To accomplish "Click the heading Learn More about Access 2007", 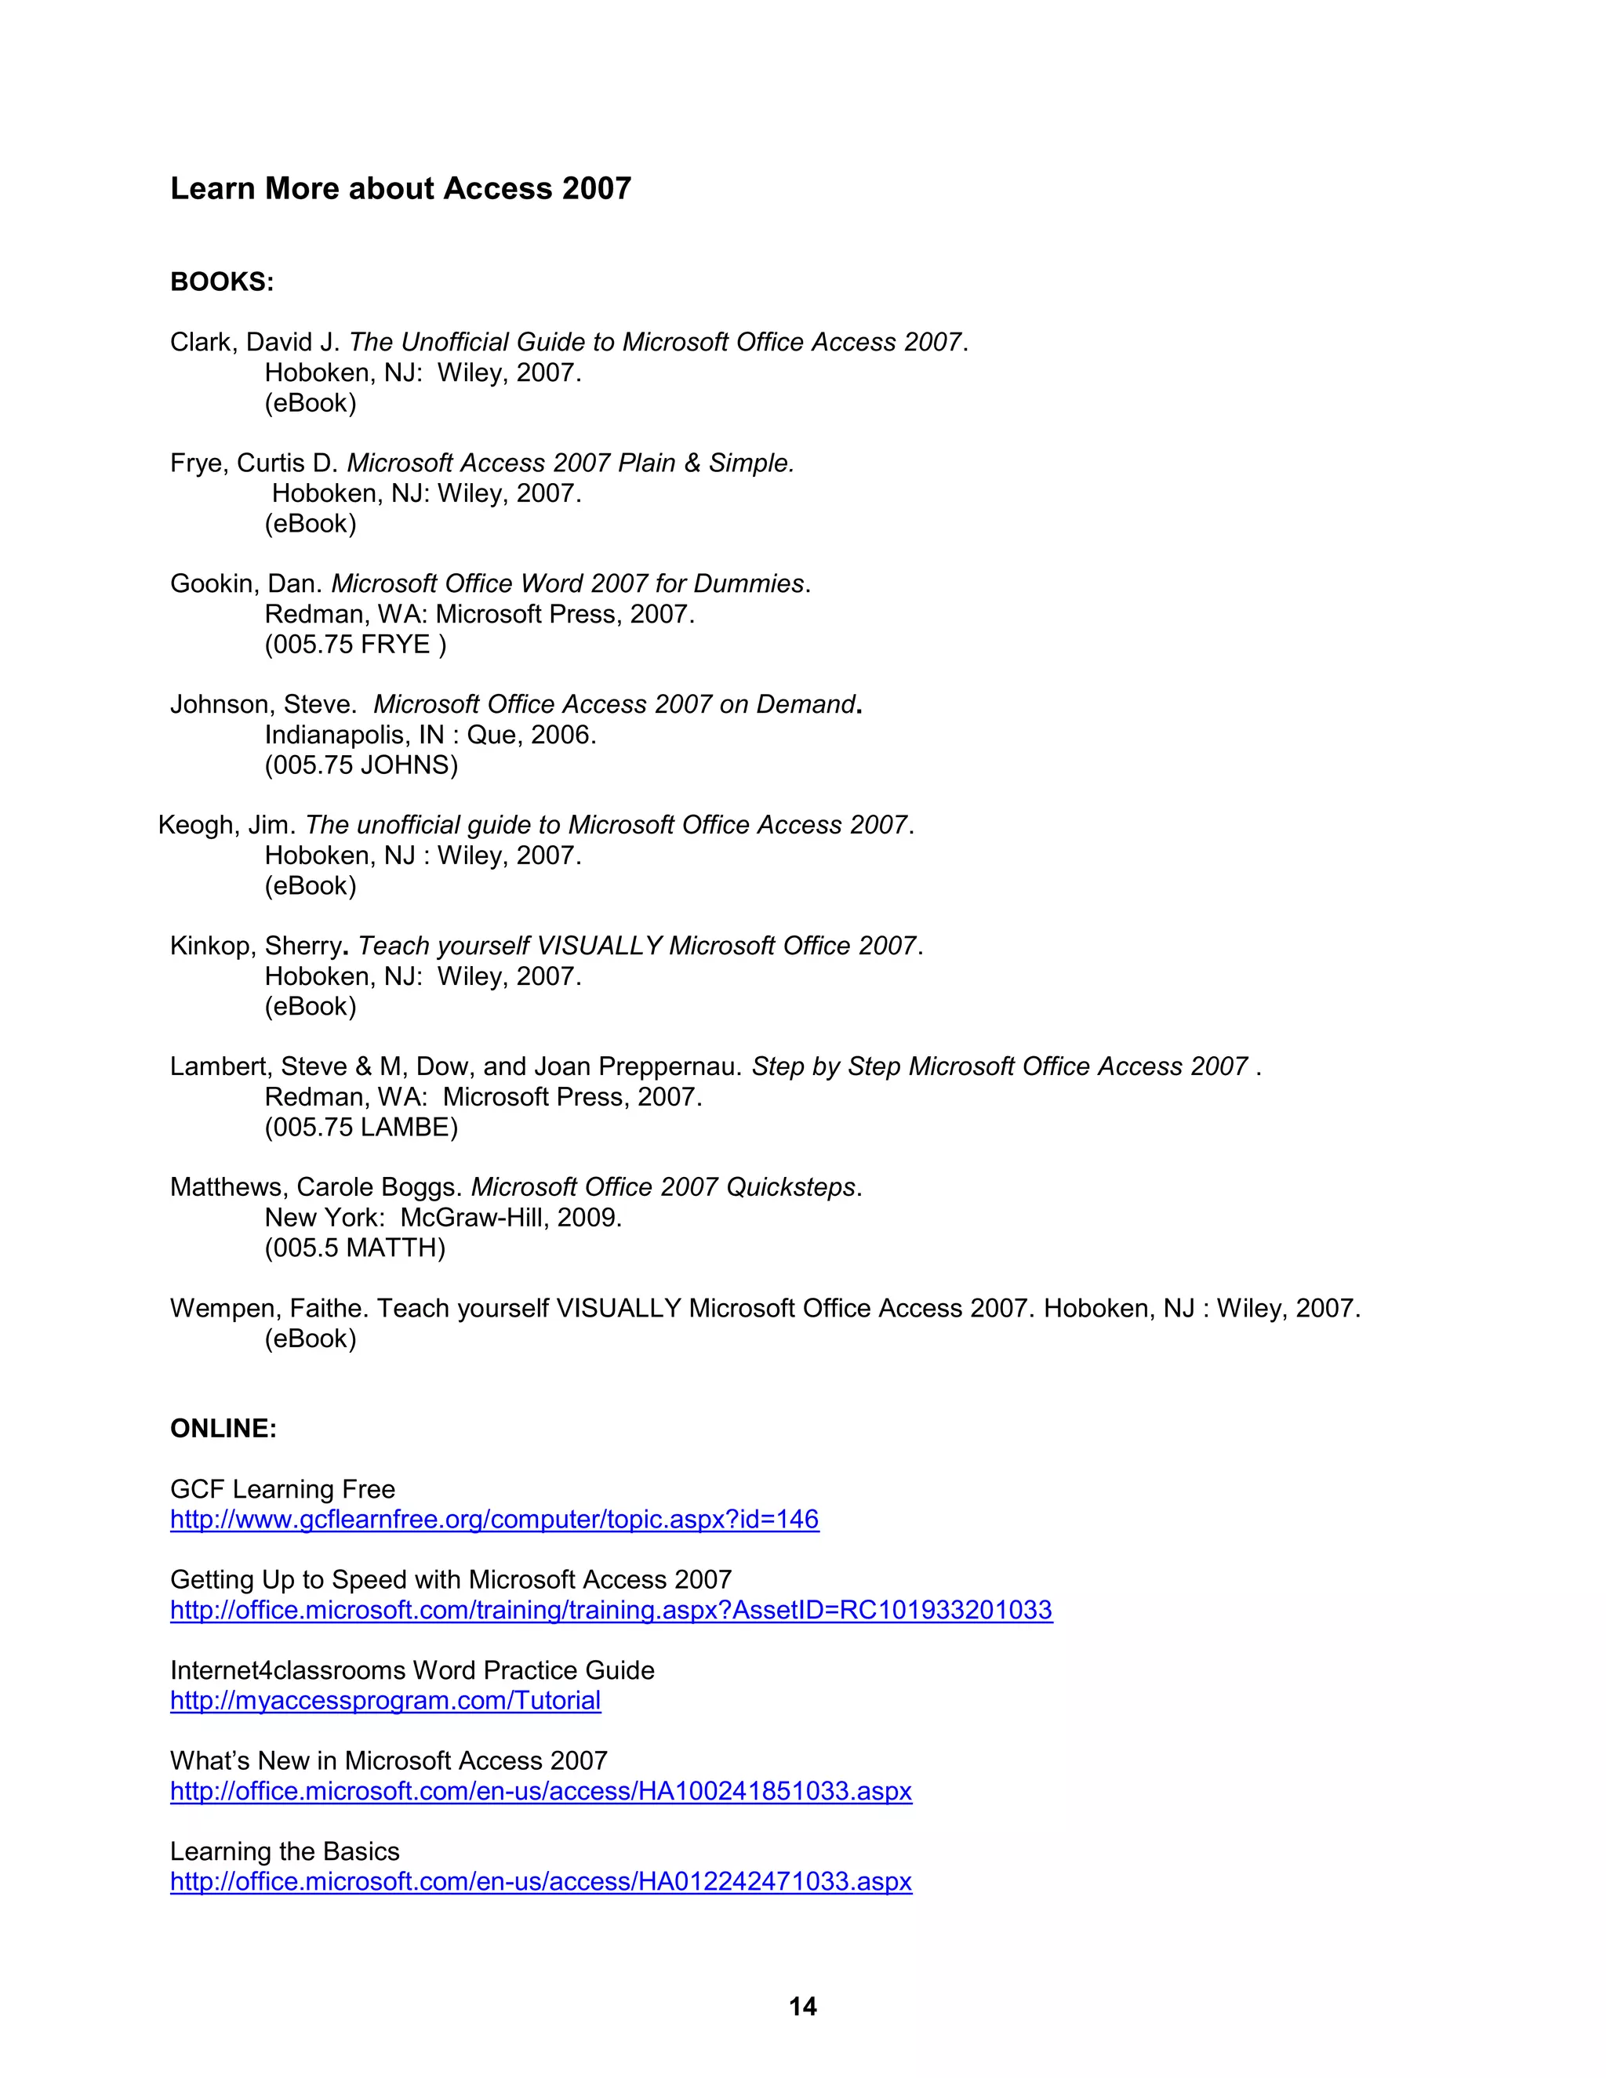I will [x=401, y=188].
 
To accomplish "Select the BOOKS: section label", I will [x=222, y=282].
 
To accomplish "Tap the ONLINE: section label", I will [x=223, y=1428].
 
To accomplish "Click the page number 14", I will [x=803, y=2007].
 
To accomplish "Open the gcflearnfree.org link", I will [x=494, y=1520].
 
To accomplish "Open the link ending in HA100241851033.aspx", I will [x=540, y=1791].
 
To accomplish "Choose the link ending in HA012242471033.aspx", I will [x=540, y=1881].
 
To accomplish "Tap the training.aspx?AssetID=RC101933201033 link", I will [x=611, y=1610].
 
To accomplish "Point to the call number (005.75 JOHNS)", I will [x=361, y=765].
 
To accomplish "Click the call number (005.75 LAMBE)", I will [x=361, y=1128].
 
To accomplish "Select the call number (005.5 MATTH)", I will [x=355, y=1248].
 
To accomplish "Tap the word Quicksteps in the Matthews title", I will [x=790, y=1187].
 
